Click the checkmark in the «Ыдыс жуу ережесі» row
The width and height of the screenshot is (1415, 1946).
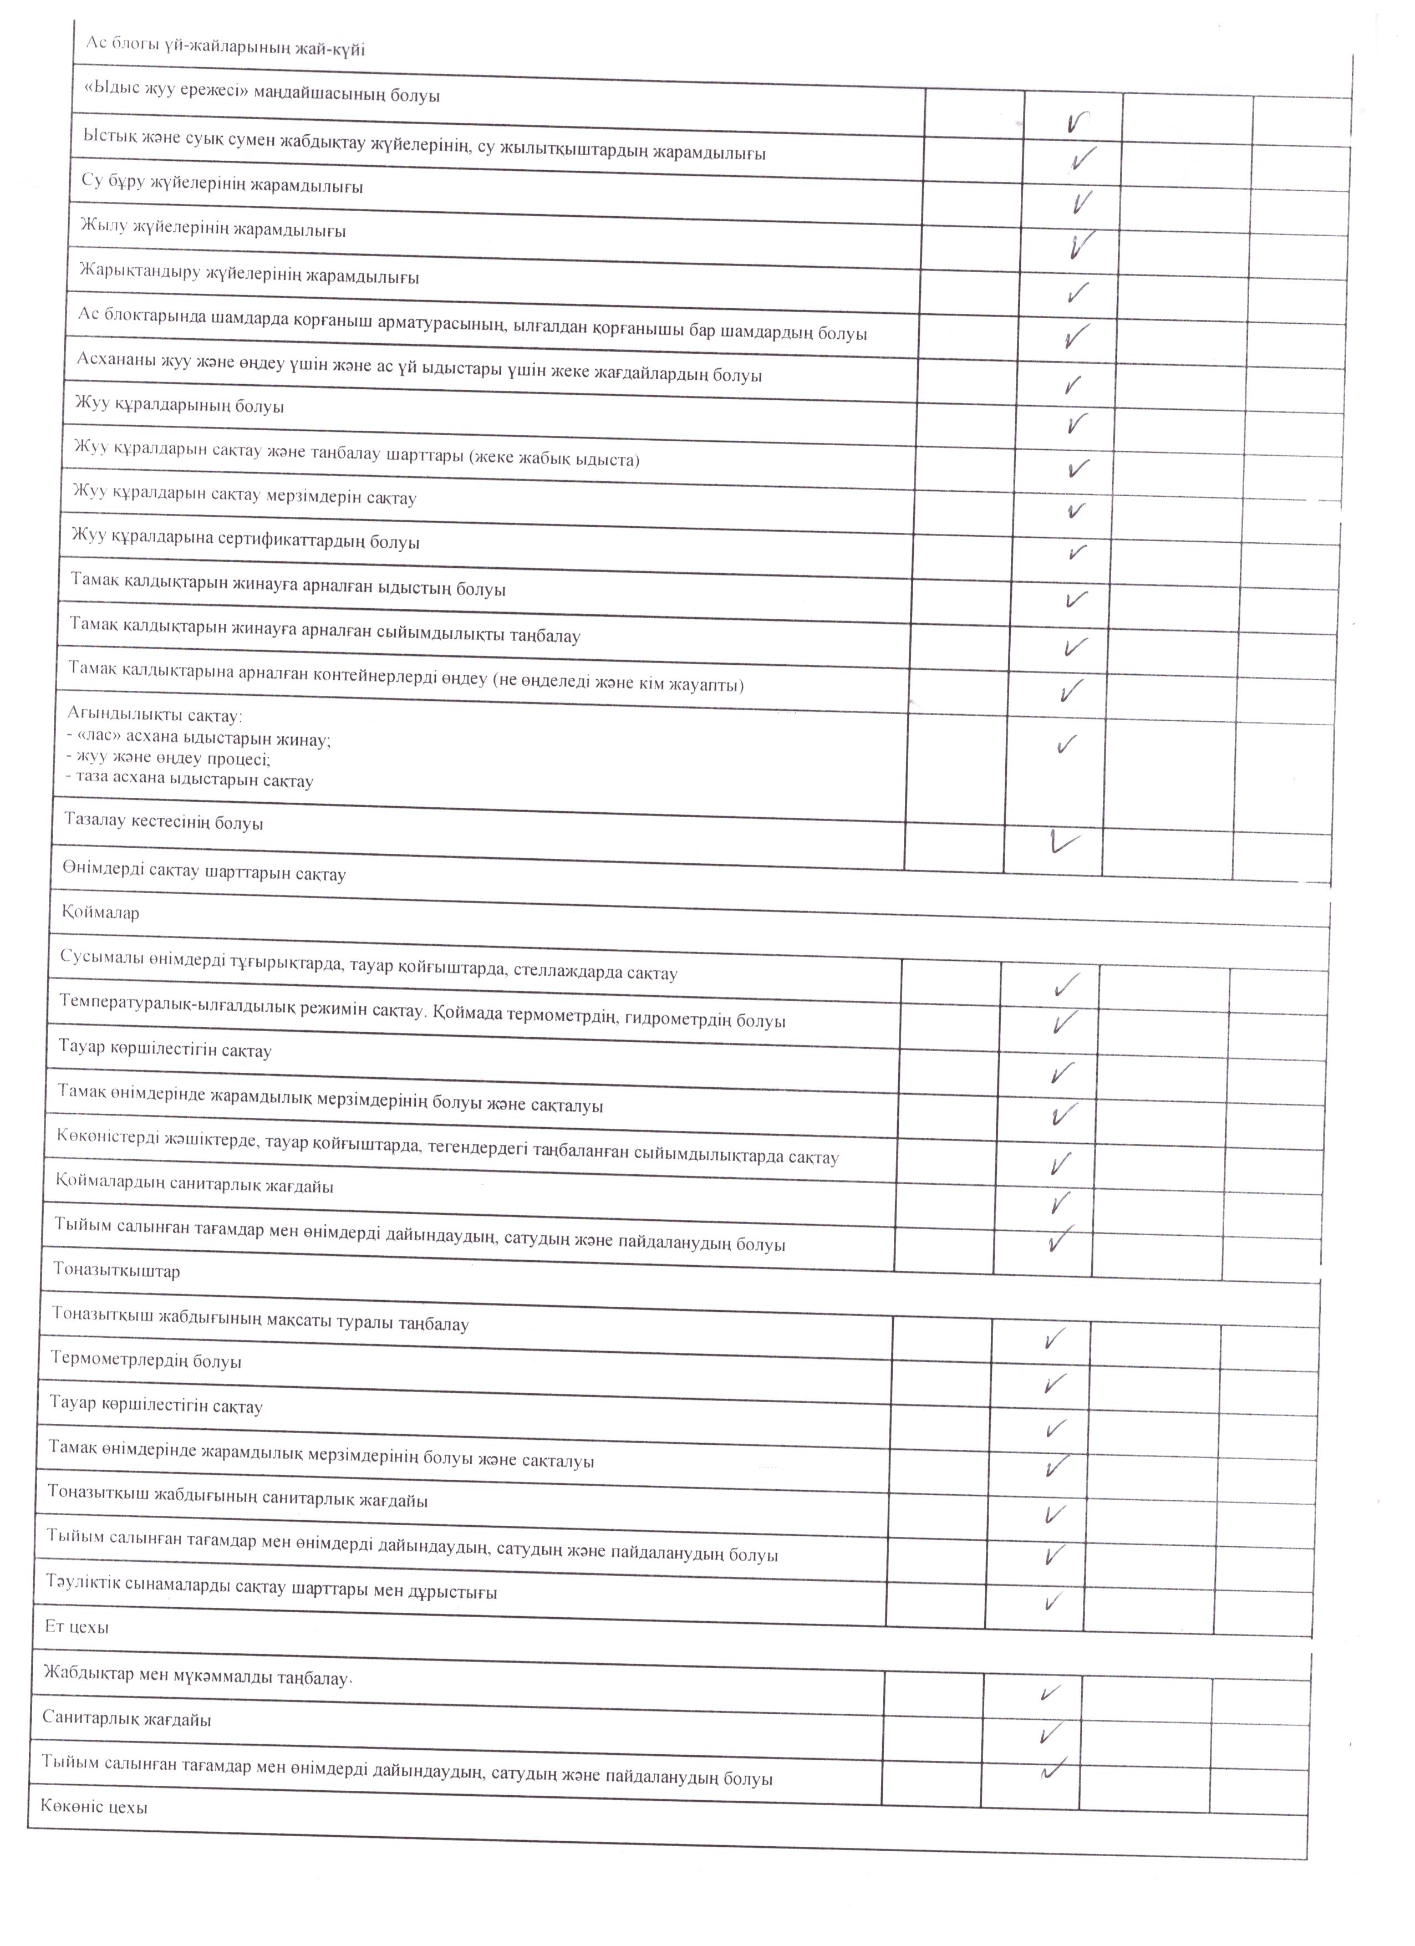[x=1078, y=123]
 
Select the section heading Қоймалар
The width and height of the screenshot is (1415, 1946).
[x=100, y=912]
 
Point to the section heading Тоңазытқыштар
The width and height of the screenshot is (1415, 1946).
[x=116, y=1270]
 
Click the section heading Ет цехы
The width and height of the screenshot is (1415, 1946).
[x=77, y=1626]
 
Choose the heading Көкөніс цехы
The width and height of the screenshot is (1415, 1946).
[x=94, y=1806]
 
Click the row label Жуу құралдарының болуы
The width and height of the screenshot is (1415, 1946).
[x=179, y=404]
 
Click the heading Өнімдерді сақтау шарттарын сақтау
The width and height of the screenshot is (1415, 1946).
[x=204, y=873]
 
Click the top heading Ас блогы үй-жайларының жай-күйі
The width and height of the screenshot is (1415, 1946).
[x=225, y=47]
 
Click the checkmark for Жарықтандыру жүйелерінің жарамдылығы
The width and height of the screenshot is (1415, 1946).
[x=1078, y=292]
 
